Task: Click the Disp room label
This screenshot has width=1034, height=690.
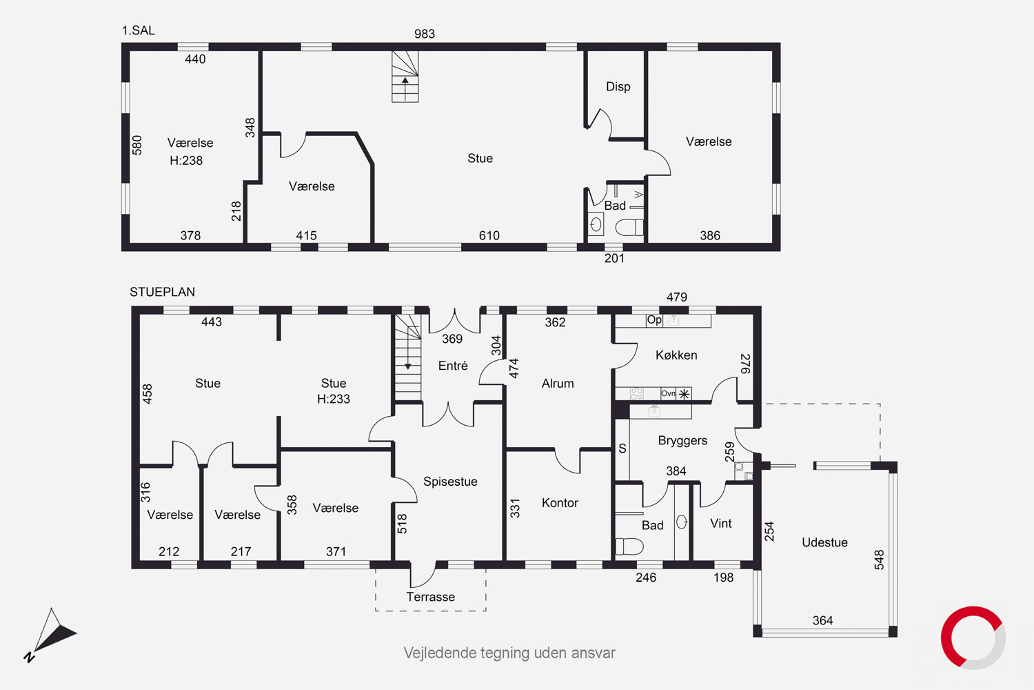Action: [x=618, y=87]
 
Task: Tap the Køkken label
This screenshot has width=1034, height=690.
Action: [x=676, y=355]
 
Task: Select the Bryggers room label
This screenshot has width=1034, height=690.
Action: [x=682, y=441]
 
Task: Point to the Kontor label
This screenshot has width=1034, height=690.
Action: [x=560, y=503]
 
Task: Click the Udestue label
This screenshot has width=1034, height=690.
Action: [x=824, y=542]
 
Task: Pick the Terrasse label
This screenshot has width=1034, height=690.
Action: [x=430, y=597]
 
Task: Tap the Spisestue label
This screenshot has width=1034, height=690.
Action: [x=450, y=482]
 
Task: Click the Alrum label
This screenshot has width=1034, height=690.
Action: [x=558, y=384]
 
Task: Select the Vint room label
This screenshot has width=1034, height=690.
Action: [x=720, y=524]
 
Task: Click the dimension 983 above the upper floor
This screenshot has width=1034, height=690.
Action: [x=424, y=34]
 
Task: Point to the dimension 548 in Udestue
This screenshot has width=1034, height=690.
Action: [x=879, y=560]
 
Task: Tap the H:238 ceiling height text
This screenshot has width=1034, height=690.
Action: [x=186, y=161]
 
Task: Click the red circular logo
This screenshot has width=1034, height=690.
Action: [x=973, y=638]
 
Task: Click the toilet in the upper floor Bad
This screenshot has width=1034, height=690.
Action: [x=629, y=227]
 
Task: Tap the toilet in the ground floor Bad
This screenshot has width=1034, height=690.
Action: [x=629, y=546]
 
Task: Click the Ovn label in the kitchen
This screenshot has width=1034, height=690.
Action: [x=668, y=394]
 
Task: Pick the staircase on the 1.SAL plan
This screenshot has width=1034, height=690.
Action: [x=405, y=77]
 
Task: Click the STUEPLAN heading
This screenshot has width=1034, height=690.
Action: [x=162, y=292]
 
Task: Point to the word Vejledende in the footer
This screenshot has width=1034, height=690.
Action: [x=440, y=653]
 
